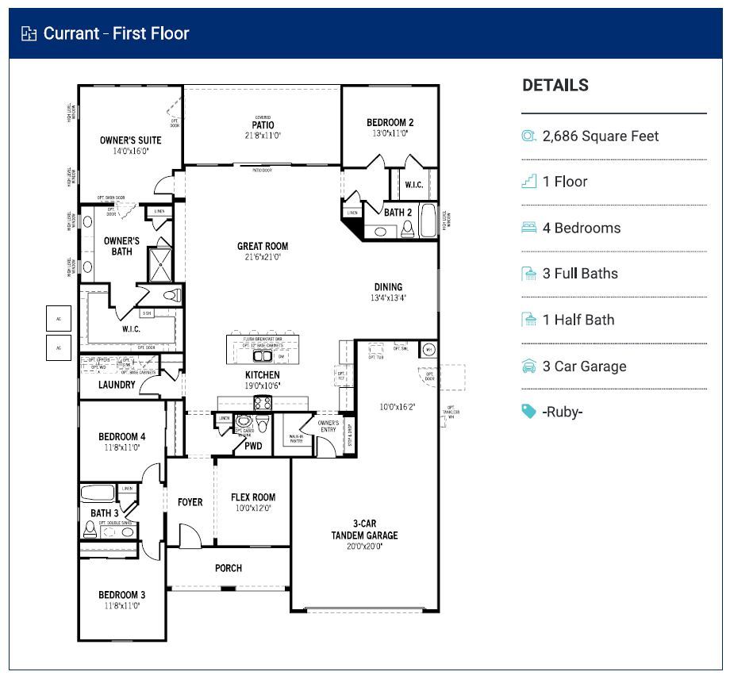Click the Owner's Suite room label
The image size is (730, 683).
point(130,140)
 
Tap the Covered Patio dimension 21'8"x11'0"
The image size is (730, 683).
point(263,136)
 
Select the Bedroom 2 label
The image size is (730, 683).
point(390,123)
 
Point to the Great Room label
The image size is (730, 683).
point(263,247)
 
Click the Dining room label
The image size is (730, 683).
point(388,287)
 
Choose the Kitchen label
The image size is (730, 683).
point(262,375)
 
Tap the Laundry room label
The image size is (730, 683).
point(117,386)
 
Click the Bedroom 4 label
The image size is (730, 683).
point(121,437)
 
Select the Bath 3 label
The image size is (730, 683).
point(104,513)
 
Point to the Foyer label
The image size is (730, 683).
point(190,502)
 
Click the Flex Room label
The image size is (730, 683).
point(253,497)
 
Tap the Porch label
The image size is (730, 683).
point(229,568)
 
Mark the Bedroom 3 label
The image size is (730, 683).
point(121,595)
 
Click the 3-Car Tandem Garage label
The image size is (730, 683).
point(364,529)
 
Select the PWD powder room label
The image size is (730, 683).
point(253,446)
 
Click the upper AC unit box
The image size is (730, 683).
point(59,319)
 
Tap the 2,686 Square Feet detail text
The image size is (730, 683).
point(600,136)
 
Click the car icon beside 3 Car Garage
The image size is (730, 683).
point(529,366)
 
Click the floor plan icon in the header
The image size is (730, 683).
point(29,33)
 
